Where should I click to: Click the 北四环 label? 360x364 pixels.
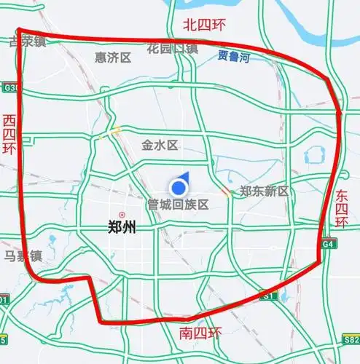point(205,25)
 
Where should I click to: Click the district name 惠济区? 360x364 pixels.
point(113,57)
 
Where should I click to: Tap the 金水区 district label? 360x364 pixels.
point(160,145)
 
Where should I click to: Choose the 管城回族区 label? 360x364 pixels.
point(178,205)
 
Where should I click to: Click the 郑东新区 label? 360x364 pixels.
point(265,191)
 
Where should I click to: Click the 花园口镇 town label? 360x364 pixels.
point(172,49)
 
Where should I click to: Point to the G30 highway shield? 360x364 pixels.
point(9,88)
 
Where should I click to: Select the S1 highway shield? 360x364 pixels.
point(270,296)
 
